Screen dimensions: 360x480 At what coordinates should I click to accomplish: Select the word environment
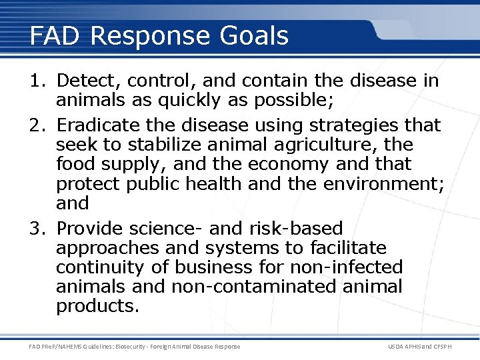pos(381,183)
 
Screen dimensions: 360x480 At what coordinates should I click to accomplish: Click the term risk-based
pos(296,229)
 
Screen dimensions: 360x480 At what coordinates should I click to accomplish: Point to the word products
pos(97,306)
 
